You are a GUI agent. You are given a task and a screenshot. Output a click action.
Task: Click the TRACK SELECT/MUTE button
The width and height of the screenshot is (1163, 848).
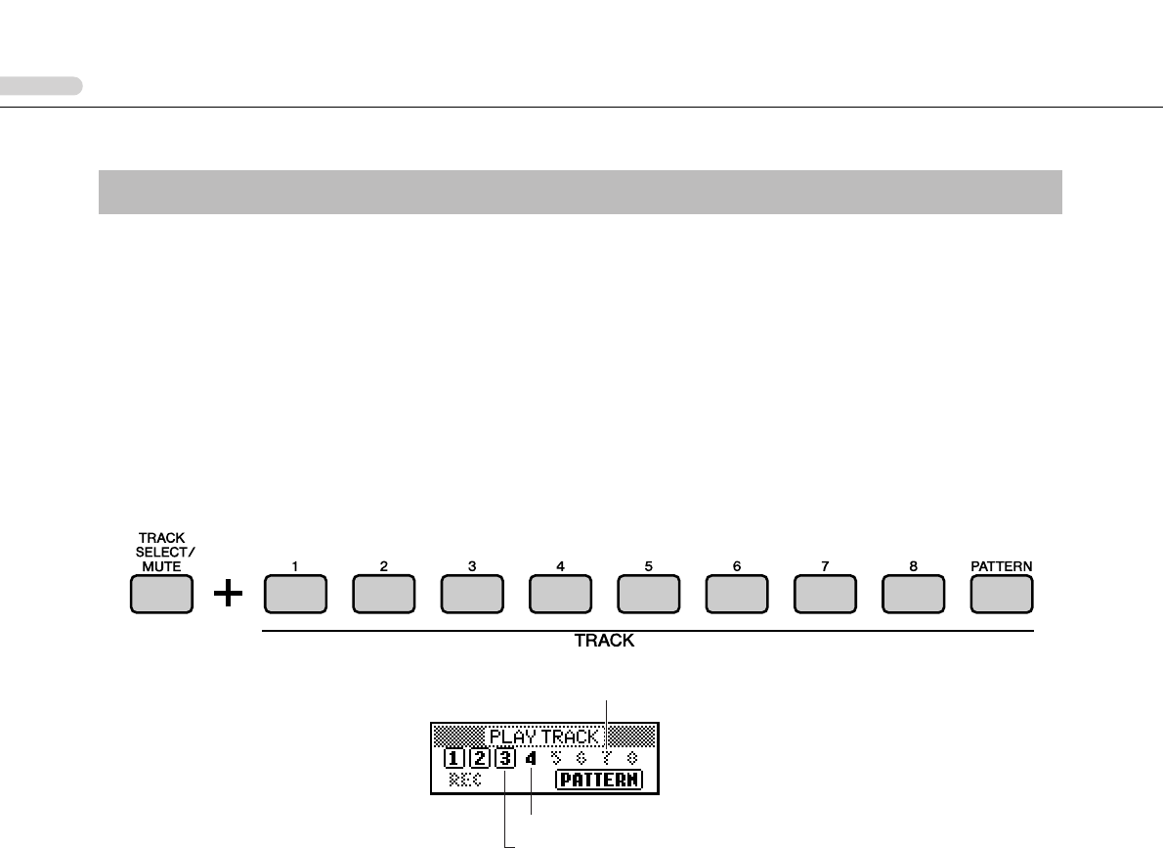(x=161, y=596)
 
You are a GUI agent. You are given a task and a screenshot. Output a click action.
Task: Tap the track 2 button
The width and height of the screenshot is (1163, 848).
(x=384, y=596)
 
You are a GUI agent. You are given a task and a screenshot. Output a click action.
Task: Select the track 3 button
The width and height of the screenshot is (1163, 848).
(x=472, y=596)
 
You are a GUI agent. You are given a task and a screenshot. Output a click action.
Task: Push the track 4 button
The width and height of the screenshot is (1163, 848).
(x=560, y=596)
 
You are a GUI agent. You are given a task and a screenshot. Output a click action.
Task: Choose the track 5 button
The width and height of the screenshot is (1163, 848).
(x=648, y=596)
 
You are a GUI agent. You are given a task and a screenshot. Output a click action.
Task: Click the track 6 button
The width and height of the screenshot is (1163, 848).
(x=736, y=596)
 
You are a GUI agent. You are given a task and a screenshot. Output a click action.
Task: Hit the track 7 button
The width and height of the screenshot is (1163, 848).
(x=824, y=596)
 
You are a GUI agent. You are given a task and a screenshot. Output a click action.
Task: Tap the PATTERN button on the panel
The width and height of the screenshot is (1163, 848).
(x=1002, y=596)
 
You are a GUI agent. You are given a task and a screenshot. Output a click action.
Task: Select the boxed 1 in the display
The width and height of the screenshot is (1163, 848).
(x=453, y=758)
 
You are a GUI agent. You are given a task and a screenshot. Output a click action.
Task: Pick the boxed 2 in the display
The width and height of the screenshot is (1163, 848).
(x=479, y=758)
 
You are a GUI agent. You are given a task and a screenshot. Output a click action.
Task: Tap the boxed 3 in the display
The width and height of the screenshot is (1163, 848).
(x=504, y=758)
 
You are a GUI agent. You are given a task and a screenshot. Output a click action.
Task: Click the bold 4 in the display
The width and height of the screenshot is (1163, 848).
(x=531, y=758)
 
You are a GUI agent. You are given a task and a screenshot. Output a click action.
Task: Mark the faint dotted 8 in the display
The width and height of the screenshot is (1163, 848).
(x=632, y=758)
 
